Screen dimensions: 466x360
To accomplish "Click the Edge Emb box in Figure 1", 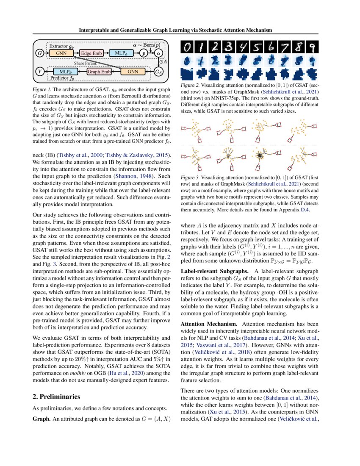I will tap(92, 53).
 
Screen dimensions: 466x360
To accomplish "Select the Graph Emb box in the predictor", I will tap(99, 72).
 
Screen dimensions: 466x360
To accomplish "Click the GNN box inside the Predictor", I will tap(133, 72).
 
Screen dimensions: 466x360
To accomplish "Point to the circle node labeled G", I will tap(39, 53).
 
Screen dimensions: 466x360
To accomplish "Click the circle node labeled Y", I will tap(39, 72).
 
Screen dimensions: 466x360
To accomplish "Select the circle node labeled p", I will tap(144, 53).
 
